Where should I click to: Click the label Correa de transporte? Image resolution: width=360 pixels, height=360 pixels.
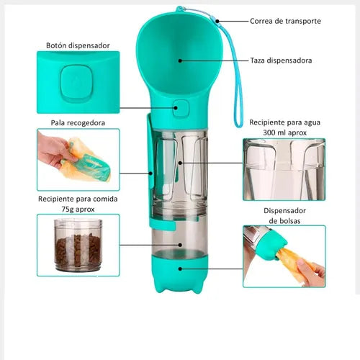click(x=285, y=21)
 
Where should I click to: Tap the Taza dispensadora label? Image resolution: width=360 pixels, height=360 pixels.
click(x=281, y=60)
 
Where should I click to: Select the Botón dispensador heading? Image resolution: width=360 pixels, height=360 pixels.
click(x=78, y=45)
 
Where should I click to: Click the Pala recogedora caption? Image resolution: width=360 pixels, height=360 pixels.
click(x=78, y=123)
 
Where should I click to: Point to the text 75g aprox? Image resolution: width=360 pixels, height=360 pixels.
click(x=78, y=210)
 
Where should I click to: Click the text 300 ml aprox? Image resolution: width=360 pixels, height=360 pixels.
click(x=285, y=132)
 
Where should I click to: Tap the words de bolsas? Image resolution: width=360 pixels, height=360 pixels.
click(x=284, y=221)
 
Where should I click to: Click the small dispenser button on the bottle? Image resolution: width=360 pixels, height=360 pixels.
click(x=180, y=109)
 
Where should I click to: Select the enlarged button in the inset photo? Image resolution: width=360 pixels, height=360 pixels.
click(x=76, y=83)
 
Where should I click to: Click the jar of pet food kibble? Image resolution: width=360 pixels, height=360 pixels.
click(x=78, y=246)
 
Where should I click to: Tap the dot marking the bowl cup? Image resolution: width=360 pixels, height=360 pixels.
click(x=180, y=60)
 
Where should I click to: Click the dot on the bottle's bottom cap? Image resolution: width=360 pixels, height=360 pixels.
click(x=180, y=269)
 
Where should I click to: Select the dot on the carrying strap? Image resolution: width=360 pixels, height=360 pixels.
click(x=217, y=21)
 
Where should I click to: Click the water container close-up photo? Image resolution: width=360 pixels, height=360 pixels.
click(x=284, y=169)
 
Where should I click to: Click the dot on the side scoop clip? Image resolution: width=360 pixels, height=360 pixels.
click(x=150, y=173)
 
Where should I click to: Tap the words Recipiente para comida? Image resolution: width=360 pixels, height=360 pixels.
click(x=78, y=199)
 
